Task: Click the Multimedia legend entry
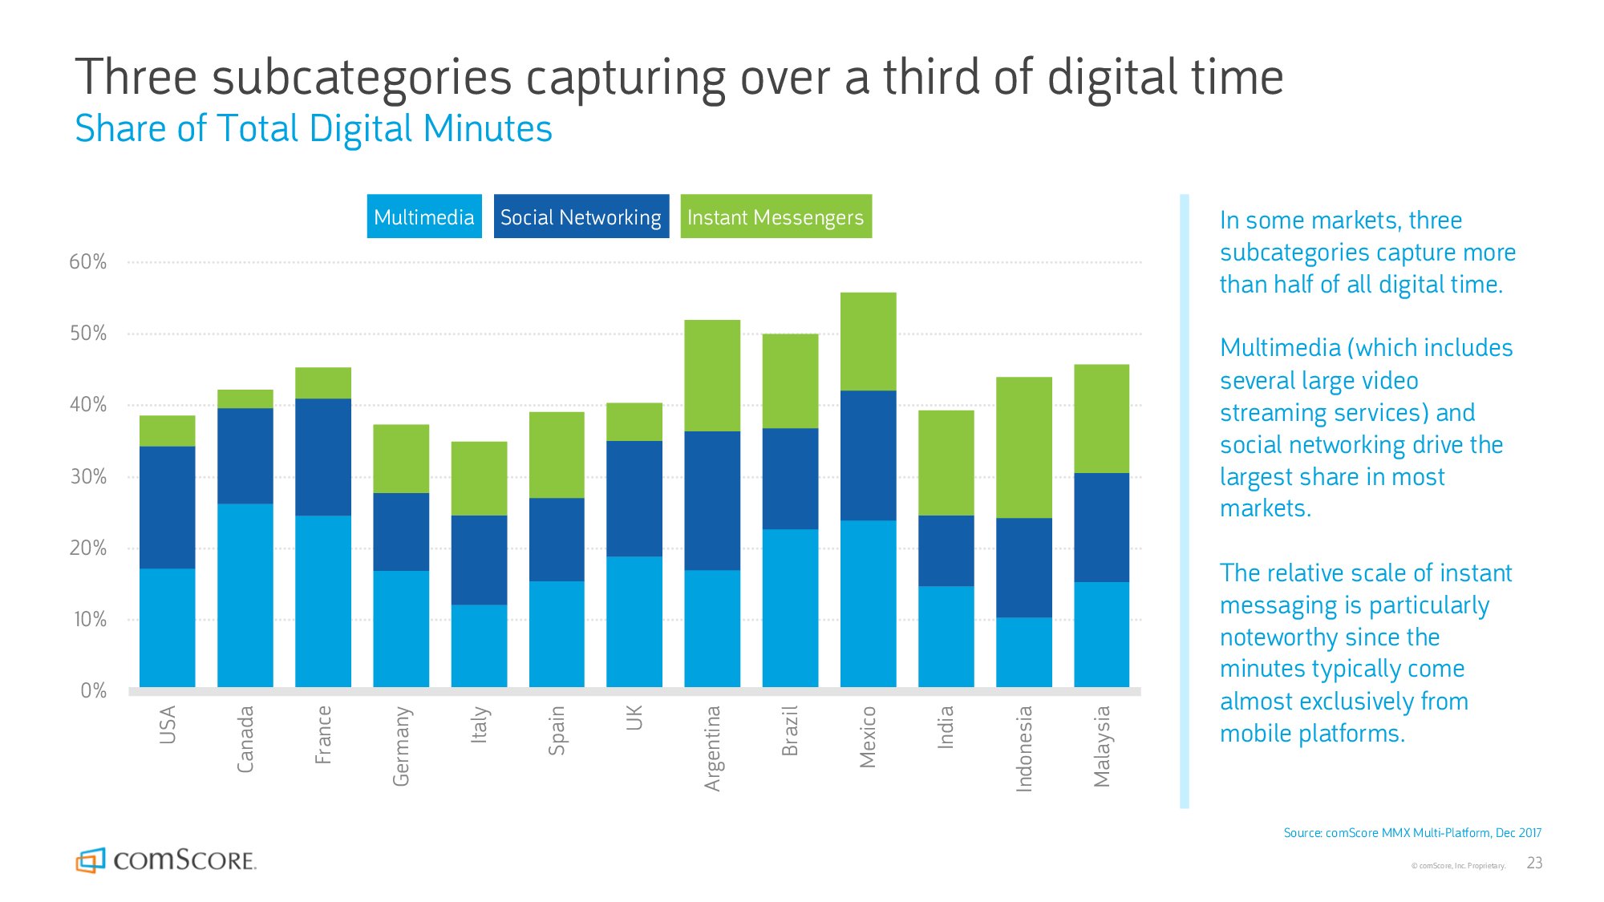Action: click(424, 216)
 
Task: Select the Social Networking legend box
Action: click(581, 216)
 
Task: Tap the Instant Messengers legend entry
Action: click(776, 216)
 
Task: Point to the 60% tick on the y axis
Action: click(87, 262)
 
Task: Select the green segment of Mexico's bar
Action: click(868, 342)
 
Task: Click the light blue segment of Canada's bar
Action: click(245, 595)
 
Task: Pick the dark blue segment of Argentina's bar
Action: click(712, 500)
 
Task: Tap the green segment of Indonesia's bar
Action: click(1024, 447)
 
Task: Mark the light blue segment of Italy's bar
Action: click(479, 645)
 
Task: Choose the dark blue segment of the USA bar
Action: click(167, 507)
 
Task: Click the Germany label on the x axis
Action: click(401, 746)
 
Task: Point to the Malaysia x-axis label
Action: click(1102, 746)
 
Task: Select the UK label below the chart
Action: click(634, 718)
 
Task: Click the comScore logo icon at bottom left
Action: click(91, 860)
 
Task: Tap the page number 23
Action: click(1534, 863)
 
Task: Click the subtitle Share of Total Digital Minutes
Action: click(314, 128)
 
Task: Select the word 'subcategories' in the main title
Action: click(362, 79)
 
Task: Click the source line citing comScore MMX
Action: click(1412, 833)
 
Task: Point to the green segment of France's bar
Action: click(322, 383)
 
